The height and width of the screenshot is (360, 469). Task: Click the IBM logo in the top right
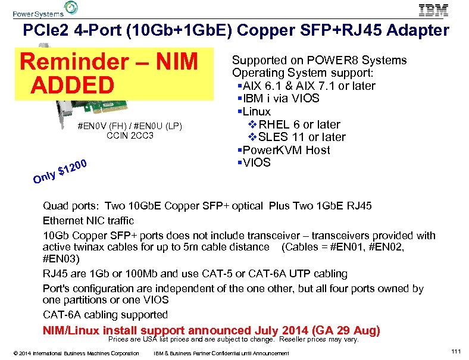click(x=433, y=10)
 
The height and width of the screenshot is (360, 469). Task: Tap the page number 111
click(x=456, y=352)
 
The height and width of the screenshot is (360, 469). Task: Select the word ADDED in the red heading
click(x=73, y=86)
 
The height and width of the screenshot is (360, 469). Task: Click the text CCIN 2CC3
click(x=130, y=136)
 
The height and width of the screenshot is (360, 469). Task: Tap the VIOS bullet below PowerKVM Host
click(x=257, y=162)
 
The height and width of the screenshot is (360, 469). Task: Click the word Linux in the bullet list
click(x=257, y=111)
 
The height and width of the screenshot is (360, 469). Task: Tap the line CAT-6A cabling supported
click(x=105, y=315)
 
